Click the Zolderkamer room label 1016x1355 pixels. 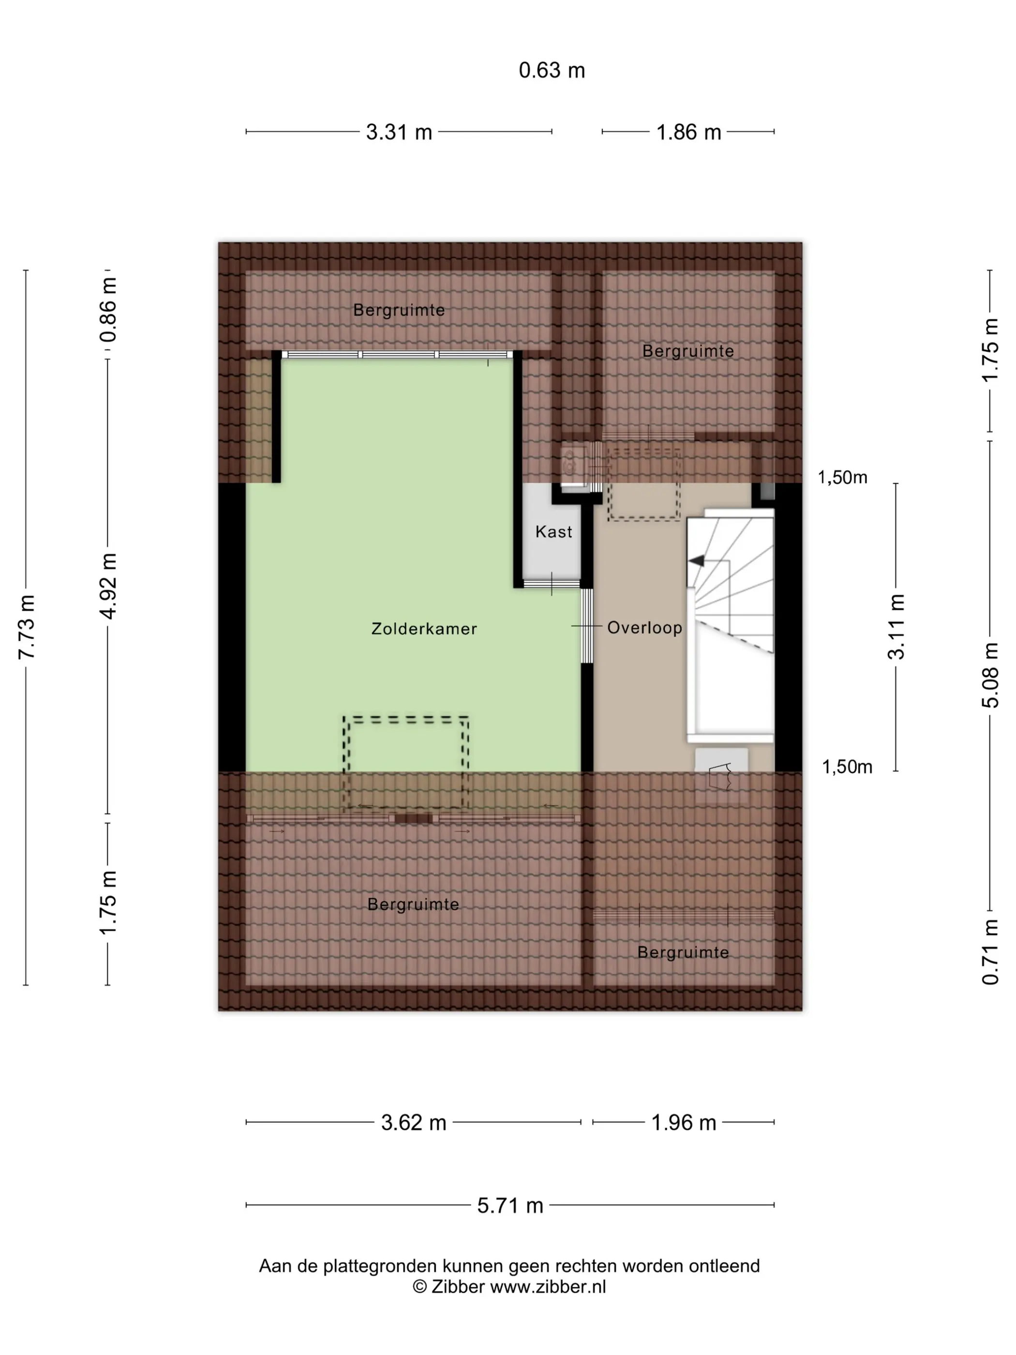(x=424, y=629)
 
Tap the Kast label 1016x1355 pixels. (x=553, y=532)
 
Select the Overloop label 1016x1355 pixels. (x=644, y=628)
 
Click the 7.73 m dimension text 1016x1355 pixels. (x=26, y=627)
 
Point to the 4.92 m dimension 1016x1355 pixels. (x=108, y=586)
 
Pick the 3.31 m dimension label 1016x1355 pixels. (x=399, y=132)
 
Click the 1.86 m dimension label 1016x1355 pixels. (x=688, y=132)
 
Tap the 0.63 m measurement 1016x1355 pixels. (x=552, y=71)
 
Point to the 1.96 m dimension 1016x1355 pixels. (x=684, y=1122)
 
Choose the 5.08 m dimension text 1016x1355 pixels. (x=990, y=675)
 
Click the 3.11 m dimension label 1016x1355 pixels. (x=896, y=627)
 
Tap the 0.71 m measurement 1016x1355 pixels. (x=990, y=952)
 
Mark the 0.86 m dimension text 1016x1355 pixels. (x=108, y=309)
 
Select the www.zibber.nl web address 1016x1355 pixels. (x=548, y=1286)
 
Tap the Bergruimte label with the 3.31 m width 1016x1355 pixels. (x=399, y=310)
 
